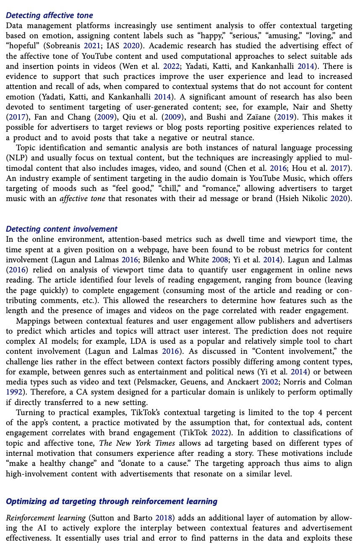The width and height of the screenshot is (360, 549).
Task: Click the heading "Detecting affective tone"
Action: [x=50, y=16]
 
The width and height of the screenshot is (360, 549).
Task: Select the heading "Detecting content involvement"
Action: [x=62, y=229]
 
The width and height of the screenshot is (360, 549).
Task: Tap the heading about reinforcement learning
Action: [x=112, y=501]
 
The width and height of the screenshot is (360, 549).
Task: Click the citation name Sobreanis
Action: [x=67, y=46]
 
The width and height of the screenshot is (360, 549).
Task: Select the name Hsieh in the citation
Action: [x=290, y=199]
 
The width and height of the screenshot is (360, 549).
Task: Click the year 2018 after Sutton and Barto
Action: [x=166, y=518]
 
